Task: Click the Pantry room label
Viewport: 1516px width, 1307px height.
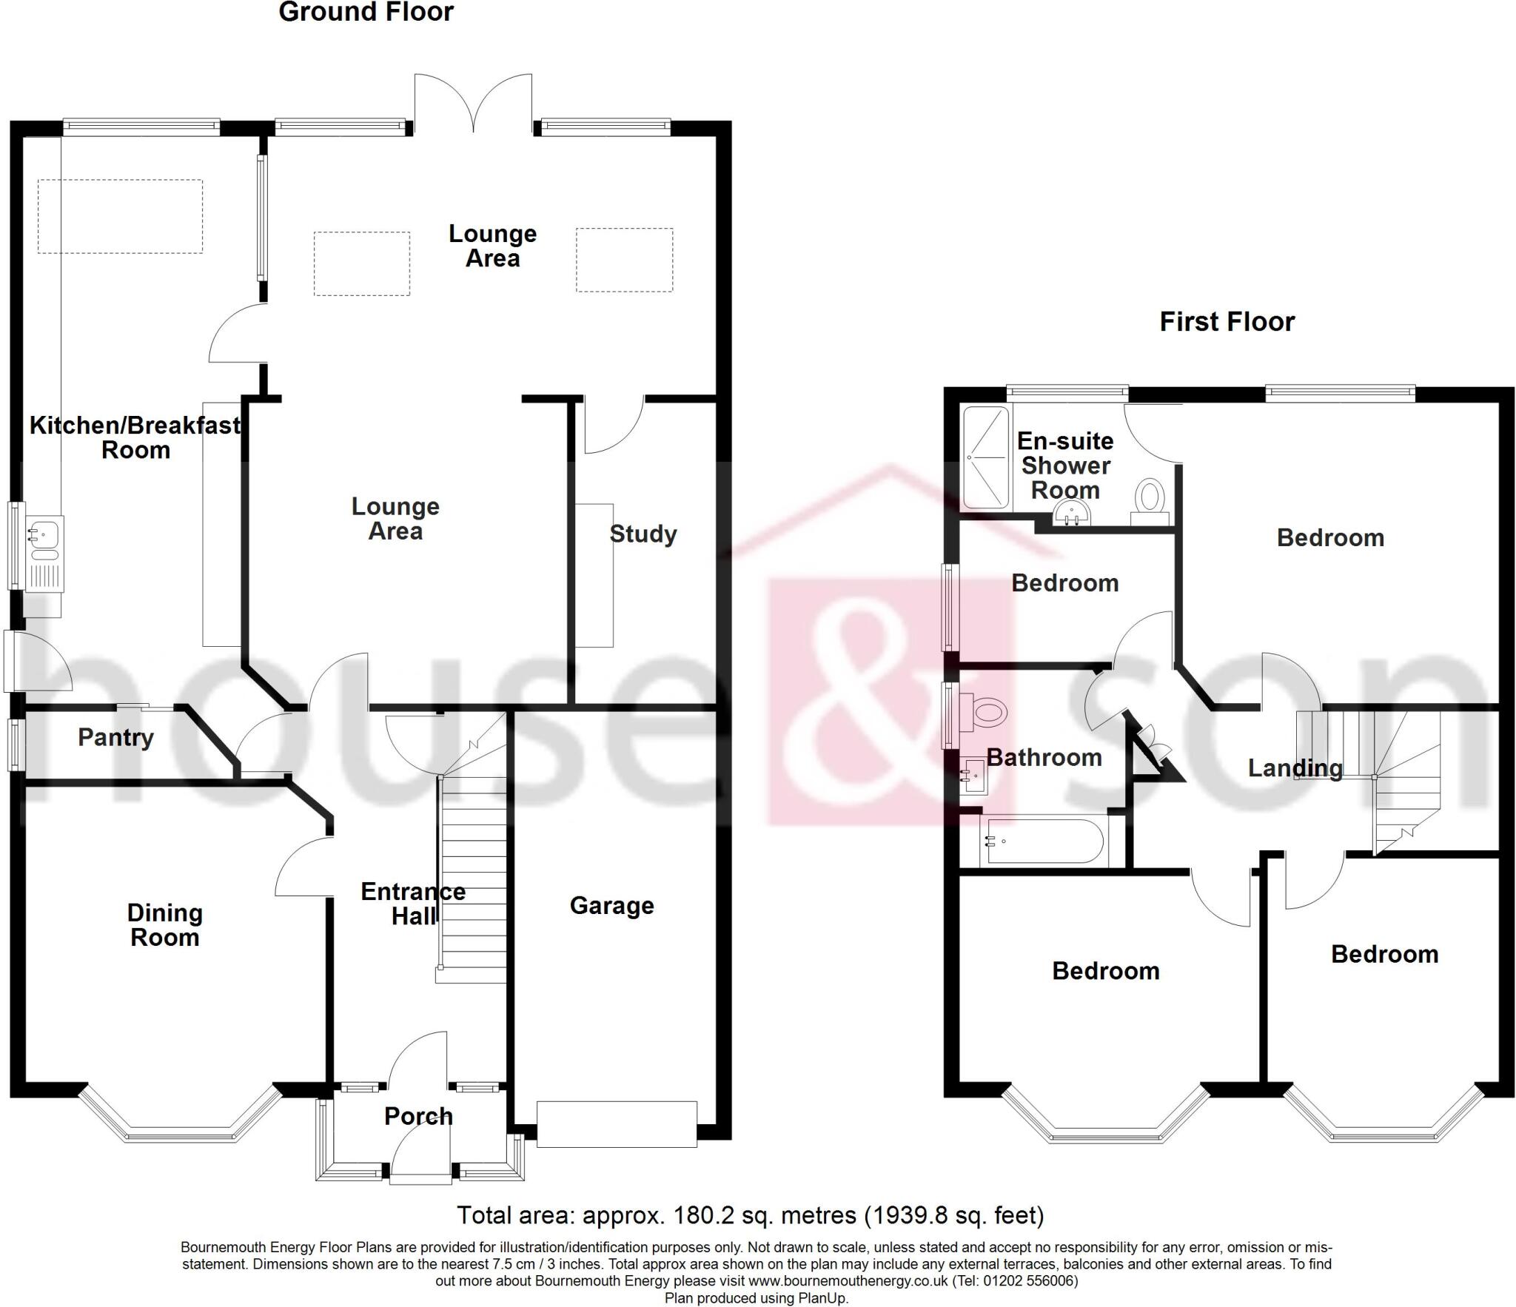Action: pyautogui.click(x=115, y=737)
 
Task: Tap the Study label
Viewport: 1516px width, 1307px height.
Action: pyautogui.click(x=643, y=534)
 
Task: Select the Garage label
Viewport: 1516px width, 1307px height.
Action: pyautogui.click(x=611, y=905)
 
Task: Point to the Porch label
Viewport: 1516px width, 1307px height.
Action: pyautogui.click(x=418, y=1115)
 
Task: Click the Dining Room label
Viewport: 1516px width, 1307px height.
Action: pyautogui.click(x=164, y=925)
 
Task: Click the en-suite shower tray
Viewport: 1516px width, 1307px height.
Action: pyautogui.click(x=986, y=457)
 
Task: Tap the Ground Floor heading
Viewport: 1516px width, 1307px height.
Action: pyautogui.click(x=366, y=12)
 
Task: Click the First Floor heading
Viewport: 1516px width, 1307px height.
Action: pyautogui.click(x=1227, y=321)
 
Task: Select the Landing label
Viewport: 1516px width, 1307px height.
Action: pyautogui.click(x=1295, y=768)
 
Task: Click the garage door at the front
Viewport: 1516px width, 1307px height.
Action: pyautogui.click(x=617, y=1124)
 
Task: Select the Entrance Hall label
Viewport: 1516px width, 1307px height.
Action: pyautogui.click(x=412, y=904)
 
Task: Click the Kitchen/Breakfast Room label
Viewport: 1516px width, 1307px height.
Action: pyautogui.click(x=135, y=437)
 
